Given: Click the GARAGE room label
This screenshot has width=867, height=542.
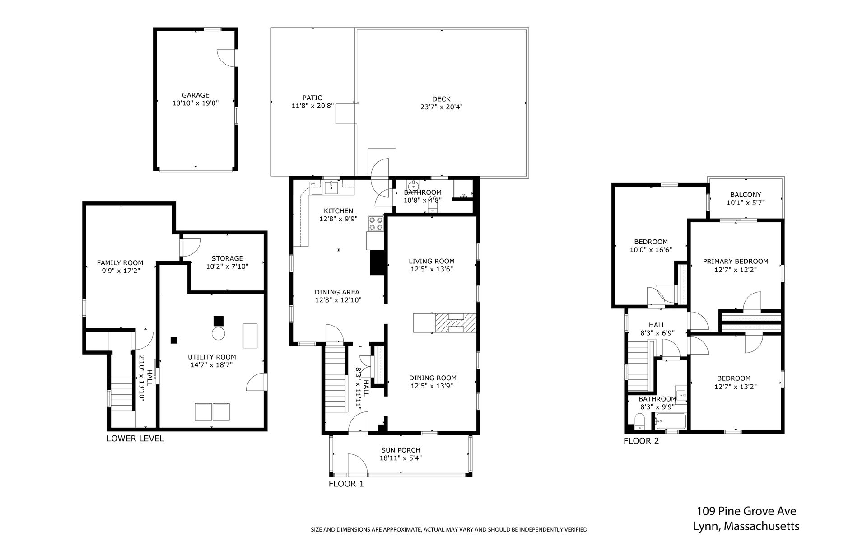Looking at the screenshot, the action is tap(196, 95).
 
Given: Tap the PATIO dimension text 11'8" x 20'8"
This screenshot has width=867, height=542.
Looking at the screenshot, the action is tap(312, 106).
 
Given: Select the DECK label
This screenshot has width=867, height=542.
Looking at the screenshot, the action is tap(441, 99).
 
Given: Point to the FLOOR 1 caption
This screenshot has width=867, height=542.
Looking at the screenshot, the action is tap(346, 484).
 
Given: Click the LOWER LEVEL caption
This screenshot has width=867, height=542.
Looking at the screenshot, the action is tap(135, 439).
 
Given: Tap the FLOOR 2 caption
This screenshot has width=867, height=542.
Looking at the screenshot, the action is tap(641, 441).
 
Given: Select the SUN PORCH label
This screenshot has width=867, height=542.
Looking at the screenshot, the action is tap(401, 450).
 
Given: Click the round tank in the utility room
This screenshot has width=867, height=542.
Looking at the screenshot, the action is tap(219, 334).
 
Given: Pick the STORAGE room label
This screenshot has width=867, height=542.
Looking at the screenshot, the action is tap(227, 258).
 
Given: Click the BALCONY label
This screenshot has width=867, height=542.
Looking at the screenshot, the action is tap(746, 195).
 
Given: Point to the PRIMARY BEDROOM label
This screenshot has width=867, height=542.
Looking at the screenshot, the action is tap(736, 261).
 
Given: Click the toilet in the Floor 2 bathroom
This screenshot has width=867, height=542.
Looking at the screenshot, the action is tap(639, 423).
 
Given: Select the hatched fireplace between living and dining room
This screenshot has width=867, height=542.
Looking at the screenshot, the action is tap(456, 323).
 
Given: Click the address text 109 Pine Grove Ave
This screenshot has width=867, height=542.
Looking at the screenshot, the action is tap(746, 511).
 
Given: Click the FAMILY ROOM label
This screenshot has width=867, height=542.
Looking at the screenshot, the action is tap(120, 263).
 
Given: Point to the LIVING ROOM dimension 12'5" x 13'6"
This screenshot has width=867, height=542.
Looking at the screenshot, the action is tap(432, 269).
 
